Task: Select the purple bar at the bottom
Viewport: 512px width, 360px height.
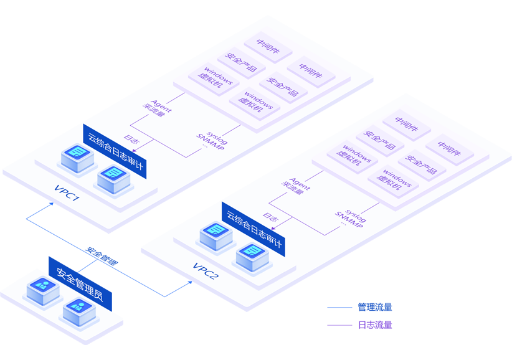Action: (386, 329)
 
